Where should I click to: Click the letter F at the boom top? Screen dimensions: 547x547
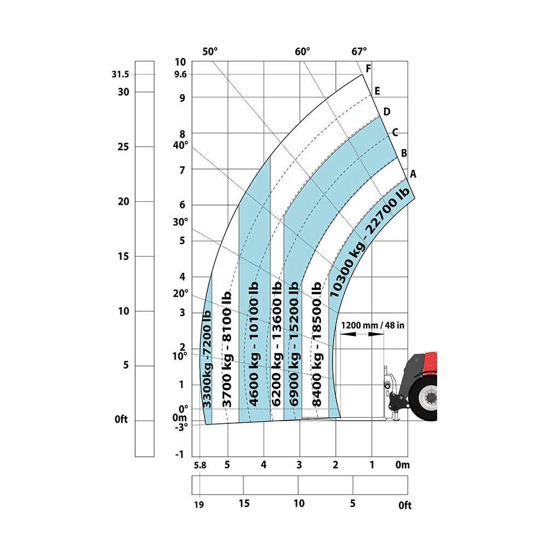click(x=368, y=68)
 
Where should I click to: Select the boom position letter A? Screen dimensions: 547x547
click(x=413, y=174)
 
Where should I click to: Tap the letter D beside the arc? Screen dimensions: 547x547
click(x=387, y=112)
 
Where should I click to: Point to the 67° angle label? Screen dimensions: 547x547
click(x=359, y=51)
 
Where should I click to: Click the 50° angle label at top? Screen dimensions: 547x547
click(x=210, y=51)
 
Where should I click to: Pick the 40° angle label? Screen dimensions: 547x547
click(x=181, y=145)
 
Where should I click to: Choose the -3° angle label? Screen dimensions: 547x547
click(x=182, y=427)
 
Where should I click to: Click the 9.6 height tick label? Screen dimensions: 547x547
click(x=181, y=74)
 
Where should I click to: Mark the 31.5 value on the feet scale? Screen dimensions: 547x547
click(x=120, y=74)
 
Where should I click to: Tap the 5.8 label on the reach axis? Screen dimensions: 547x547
click(x=200, y=465)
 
